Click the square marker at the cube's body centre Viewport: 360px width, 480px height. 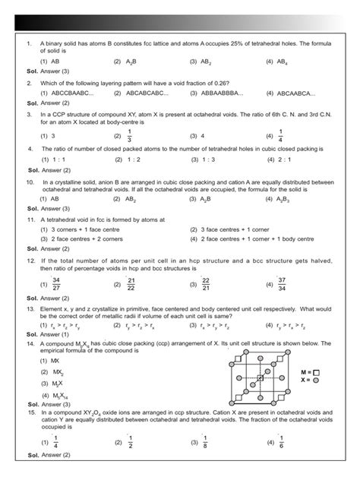(260, 377)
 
